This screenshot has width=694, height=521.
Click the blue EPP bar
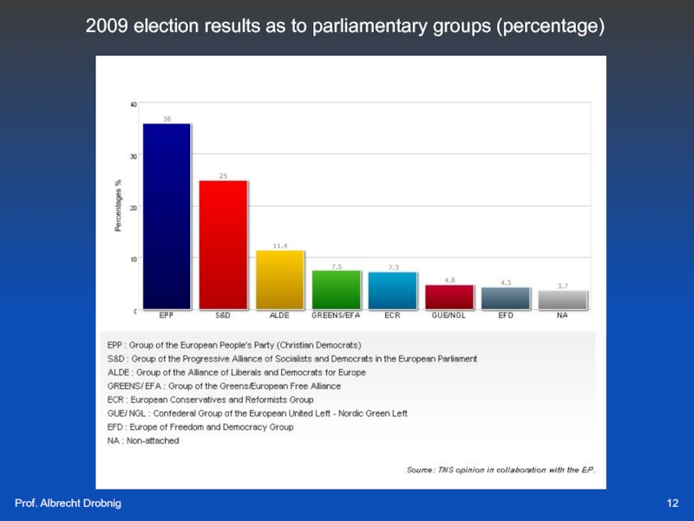click(166, 216)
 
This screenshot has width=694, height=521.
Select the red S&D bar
click(223, 244)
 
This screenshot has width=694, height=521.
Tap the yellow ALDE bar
click(279, 280)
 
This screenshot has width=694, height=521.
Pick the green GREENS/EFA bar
click(336, 290)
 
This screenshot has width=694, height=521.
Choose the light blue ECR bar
click(392, 291)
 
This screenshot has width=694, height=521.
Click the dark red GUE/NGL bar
click(449, 297)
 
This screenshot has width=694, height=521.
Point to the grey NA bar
click(562, 300)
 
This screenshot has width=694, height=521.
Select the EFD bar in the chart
click(506, 298)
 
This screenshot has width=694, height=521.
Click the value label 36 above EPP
click(167, 118)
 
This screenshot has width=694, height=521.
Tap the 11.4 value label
click(280, 246)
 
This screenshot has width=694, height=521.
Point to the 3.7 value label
click(563, 286)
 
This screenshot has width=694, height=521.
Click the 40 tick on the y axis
click(134, 104)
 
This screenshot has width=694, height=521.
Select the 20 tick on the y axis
click(134, 208)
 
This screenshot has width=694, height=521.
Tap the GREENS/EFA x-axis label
click(336, 315)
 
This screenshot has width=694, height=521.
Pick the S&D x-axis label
click(223, 315)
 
